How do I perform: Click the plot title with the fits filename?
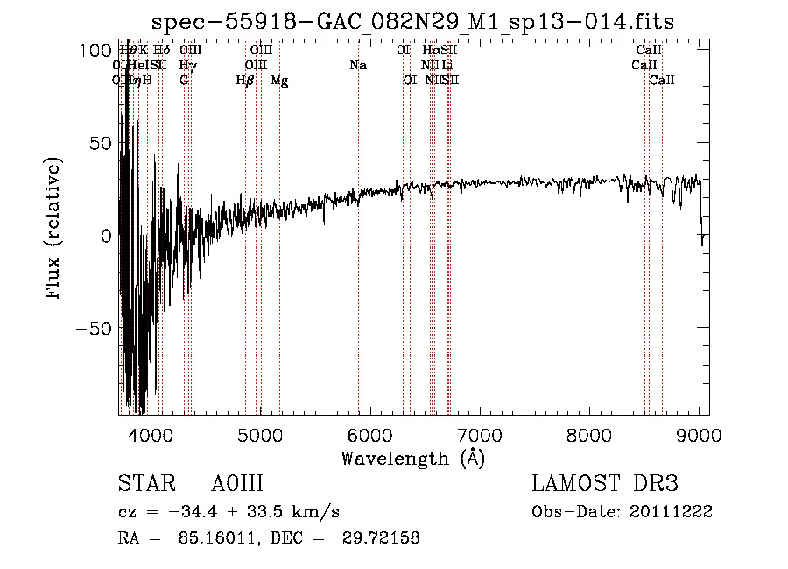coord(413,21)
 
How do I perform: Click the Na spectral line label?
coord(357,65)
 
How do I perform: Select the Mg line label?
coord(279,80)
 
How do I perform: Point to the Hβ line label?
coord(245,80)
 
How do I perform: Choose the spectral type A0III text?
coord(237,485)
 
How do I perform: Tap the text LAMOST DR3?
coord(605,485)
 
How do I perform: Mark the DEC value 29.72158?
coord(383,538)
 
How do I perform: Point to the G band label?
coord(184,80)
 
